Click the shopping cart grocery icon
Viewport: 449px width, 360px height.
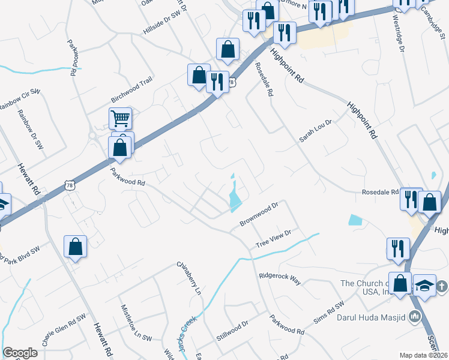click(x=121, y=119)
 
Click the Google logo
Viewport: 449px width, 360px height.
click(x=20, y=353)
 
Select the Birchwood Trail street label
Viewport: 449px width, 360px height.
click(x=132, y=90)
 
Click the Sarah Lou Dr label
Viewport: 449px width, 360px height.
click(x=316, y=130)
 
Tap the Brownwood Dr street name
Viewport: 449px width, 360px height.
click(x=259, y=214)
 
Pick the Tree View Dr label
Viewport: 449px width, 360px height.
click(x=273, y=238)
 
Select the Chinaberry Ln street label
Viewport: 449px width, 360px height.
click(x=187, y=278)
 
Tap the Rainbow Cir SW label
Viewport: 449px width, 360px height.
click(x=18, y=98)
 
